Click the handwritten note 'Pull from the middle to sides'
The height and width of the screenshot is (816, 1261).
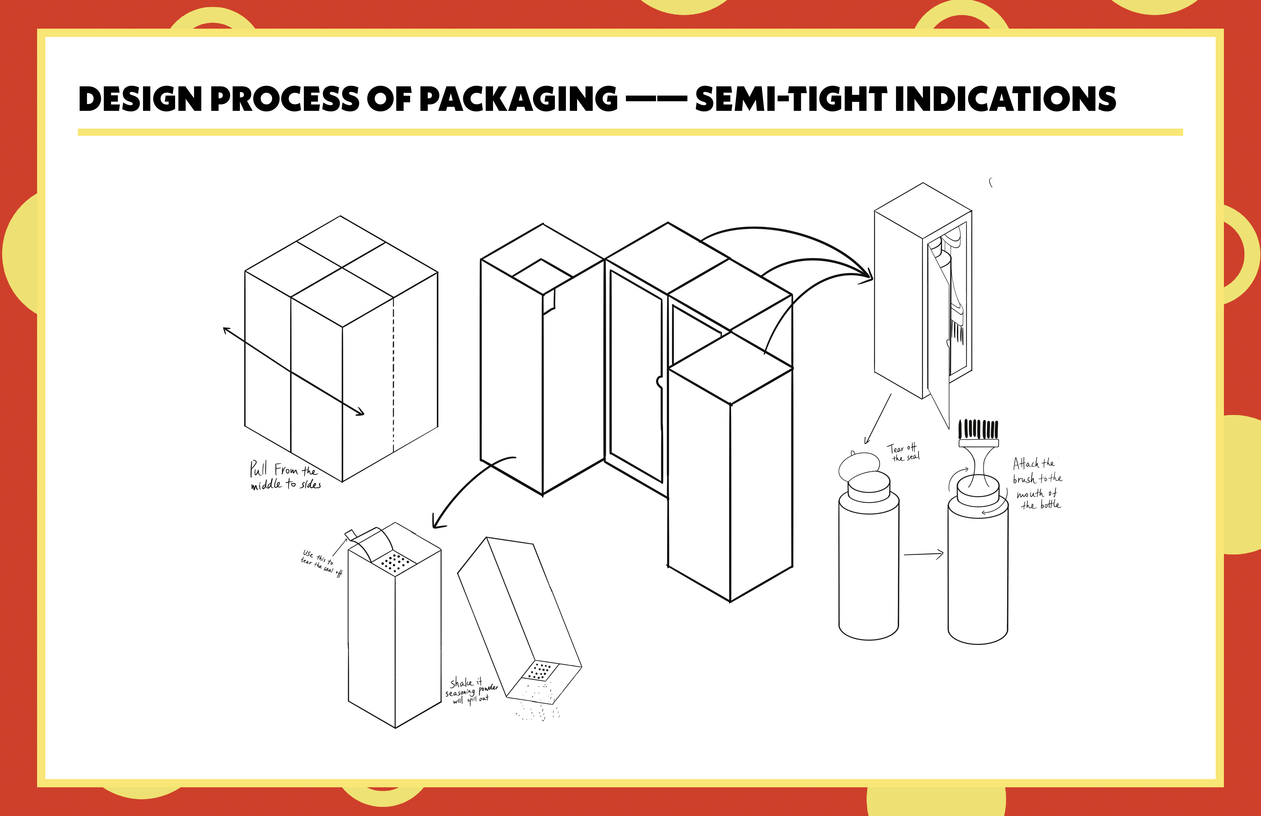[284, 476]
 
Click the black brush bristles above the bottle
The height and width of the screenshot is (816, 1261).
[979, 429]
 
